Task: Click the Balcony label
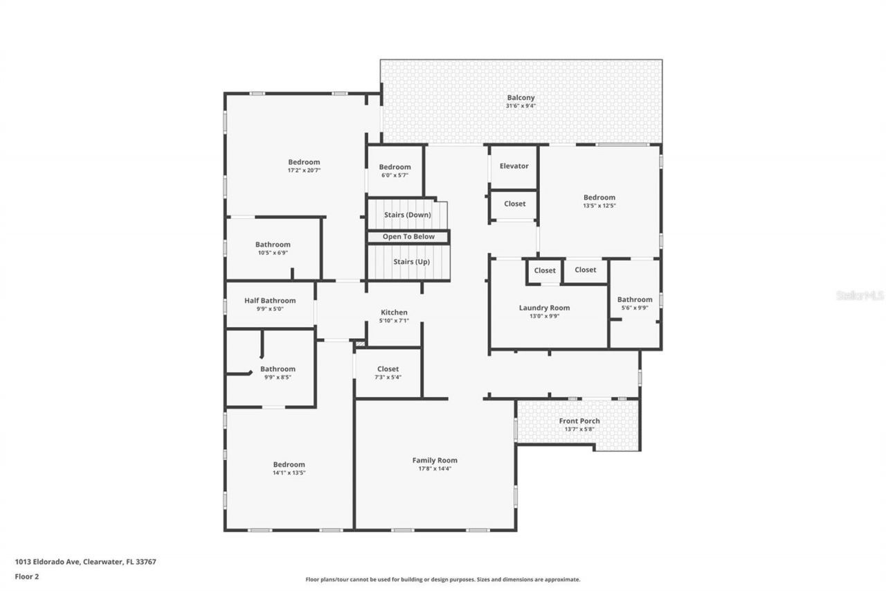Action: tap(521, 98)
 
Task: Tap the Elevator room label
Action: tap(514, 166)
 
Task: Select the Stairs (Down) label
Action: tap(408, 215)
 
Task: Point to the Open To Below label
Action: tap(408, 237)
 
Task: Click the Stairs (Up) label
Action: tap(408, 262)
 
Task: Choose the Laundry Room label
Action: tap(544, 308)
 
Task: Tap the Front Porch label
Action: tap(579, 421)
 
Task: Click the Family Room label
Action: tap(435, 460)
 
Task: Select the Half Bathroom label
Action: tap(269, 301)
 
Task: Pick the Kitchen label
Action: tap(394, 312)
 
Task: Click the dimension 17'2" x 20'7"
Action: tap(304, 170)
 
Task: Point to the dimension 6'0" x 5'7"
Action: tap(395, 175)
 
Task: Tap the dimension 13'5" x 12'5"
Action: tap(599, 206)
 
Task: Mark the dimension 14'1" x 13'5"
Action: tap(289, 473)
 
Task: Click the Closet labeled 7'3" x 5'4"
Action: tap(388, 369)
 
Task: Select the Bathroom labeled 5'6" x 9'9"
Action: tap(635, 300)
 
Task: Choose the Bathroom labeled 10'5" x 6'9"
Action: tap(273, 245)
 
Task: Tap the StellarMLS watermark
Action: tap(860, 296)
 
